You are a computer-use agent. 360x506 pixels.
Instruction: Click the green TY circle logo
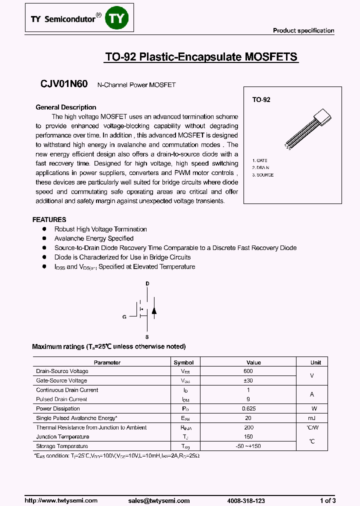tap(119, 18)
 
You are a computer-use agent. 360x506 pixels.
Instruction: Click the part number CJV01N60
tap(64, 84)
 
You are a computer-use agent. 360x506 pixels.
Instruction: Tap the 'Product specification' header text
tap(303, 30)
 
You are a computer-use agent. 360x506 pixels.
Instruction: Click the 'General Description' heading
tap(66, 107)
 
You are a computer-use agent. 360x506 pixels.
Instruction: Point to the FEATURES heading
tap(49, 219)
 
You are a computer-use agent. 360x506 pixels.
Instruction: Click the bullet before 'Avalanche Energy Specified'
tap(44, 238)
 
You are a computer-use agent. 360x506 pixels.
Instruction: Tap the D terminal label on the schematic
tap(147, 283)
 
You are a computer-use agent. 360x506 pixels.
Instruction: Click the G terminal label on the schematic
tap(124, 316)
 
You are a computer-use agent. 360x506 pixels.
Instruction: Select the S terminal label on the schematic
tap(147, 337)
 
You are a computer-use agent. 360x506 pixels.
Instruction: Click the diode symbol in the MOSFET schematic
tap(154, 310)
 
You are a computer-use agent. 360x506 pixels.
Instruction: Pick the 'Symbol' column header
tap(183, 362)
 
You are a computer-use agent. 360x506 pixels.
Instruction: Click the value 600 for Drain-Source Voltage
tap(248, 371)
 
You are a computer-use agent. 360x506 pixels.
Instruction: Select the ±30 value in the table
tap(248, 380)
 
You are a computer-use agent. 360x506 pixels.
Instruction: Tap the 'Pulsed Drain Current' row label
tap(61, 399)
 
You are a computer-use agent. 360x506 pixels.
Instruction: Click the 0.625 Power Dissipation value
tap(248, 408)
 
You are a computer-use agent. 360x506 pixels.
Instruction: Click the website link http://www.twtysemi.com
tap(61, 500)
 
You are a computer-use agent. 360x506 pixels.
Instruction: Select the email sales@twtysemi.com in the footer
tap(158, 500)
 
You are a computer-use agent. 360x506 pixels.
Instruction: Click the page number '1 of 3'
tap(327, 500)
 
